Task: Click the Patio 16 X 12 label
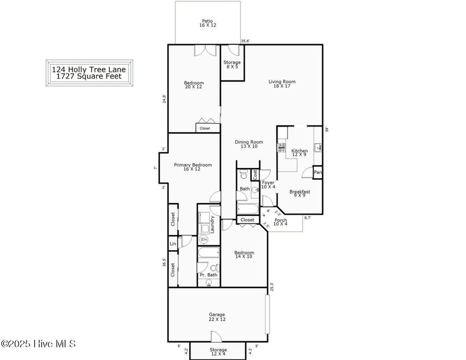[x=207, y=23]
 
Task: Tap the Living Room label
[x=282, y=82]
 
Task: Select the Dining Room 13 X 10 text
[x=249, y=144]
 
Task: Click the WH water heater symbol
[x=204, y=239]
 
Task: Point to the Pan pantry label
[x=318, y=173]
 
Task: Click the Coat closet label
[x=255, y=175]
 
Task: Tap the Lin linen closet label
[x=173, y=244]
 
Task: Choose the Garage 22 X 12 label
[x=217, y=317]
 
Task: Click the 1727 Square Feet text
[x=89, y=77]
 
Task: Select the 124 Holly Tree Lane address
[x=89, y=69]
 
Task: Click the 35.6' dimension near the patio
[x=245, y=41]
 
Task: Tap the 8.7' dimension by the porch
[x=307, y=217]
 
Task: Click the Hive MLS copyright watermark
[x=38, y=344]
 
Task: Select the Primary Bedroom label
[x=193, y=165]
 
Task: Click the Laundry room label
[x=212, y=225]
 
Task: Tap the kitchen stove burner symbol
[x=281, y=148]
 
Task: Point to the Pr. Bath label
[x=209, y=275]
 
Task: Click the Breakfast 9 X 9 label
[x=300, y=194]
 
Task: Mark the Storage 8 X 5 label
[x=232, y=64]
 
